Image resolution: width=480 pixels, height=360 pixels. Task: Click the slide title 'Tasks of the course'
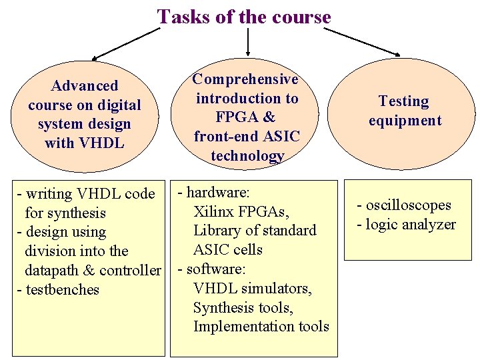coord(244,17)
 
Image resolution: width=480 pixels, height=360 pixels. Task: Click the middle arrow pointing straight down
coord(248,41)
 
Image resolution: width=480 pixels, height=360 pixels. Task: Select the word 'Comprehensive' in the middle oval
coord(245,79)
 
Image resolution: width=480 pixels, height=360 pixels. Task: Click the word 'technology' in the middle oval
coord(247,156)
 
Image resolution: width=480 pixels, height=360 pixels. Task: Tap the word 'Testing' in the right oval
coord(404,101)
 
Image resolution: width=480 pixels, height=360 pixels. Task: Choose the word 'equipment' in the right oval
coord(405,121)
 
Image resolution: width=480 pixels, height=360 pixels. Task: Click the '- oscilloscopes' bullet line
coord(404,205)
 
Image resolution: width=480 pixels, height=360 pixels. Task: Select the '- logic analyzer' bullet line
coord(406,225)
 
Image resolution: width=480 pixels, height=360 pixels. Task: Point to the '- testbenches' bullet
coord(58,290)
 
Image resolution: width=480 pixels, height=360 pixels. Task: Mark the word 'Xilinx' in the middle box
coord(215,212)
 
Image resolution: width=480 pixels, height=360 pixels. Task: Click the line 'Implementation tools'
coord(261,326)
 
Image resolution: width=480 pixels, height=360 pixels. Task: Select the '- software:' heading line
coord(213,269)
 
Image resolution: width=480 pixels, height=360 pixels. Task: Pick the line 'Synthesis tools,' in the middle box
coord(243,307)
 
